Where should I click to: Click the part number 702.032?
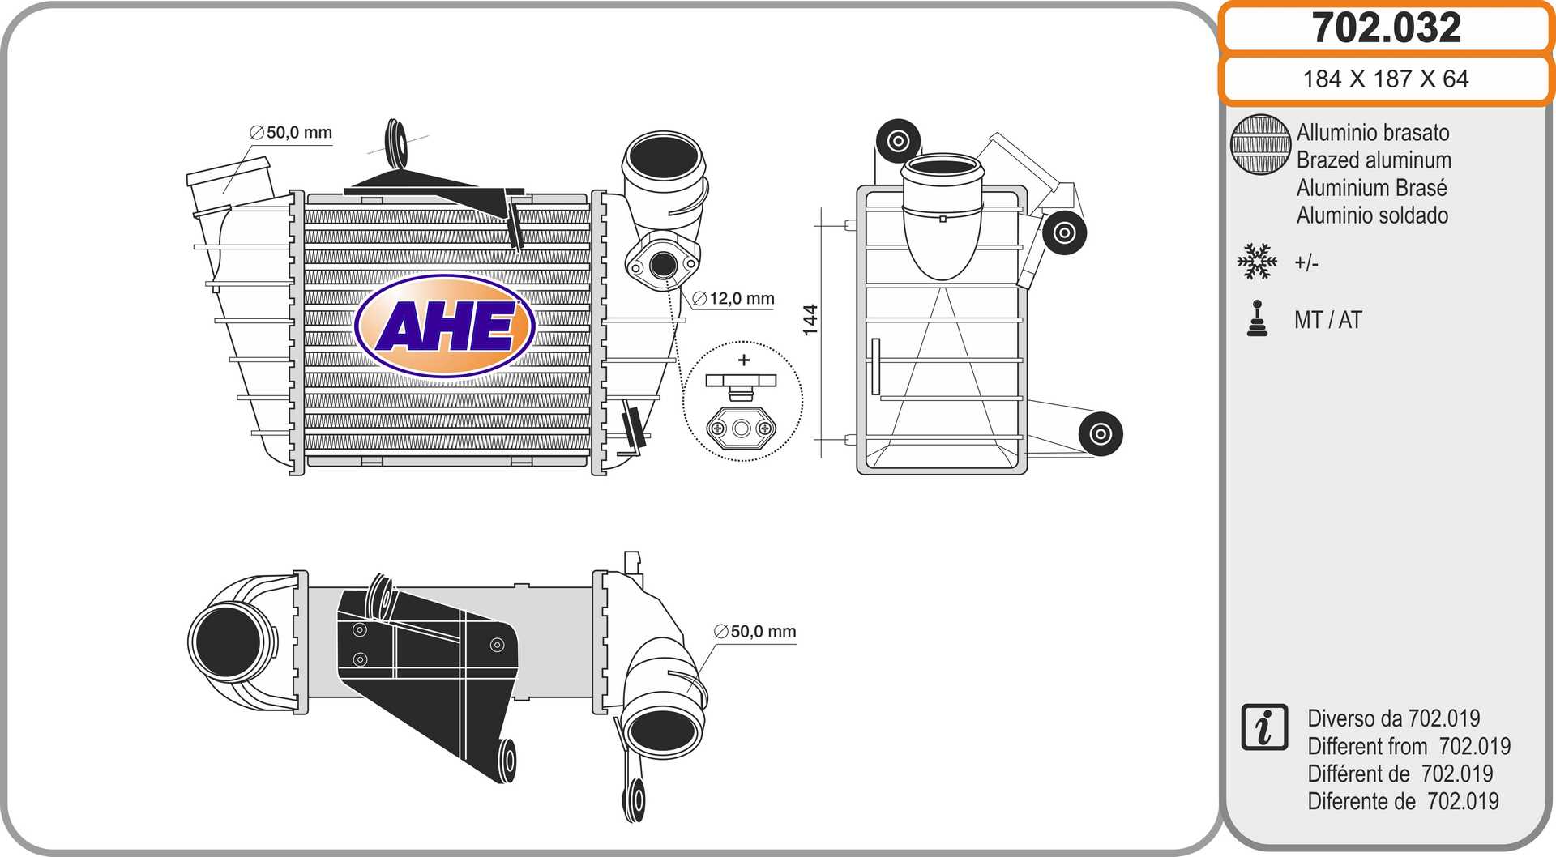(x=1386, y=28)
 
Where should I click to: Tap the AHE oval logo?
(x=445, y=326)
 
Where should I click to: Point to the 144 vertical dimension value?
(x=810, y=320)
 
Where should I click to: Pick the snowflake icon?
(x=1257, y=262)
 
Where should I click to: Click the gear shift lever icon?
(x=1257, y=318)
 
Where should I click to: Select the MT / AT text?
(x=1327, y=320)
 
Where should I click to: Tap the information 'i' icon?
(x=1263, y=727)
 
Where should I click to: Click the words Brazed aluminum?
(x=1374, y=160)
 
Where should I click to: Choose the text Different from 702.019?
(x=1409, y=746)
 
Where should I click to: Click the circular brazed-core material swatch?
(x=1259, y=144)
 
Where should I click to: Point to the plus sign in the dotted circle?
(x=744, y=360)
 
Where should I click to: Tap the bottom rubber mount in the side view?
(x=1100, y=434)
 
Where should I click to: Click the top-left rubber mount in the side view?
(x=898, y=141)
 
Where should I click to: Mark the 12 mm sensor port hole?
(x=663, y=264)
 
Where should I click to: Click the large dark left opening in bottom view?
(x=227, y=641)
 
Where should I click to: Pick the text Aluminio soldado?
(x=1372, y=215)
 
